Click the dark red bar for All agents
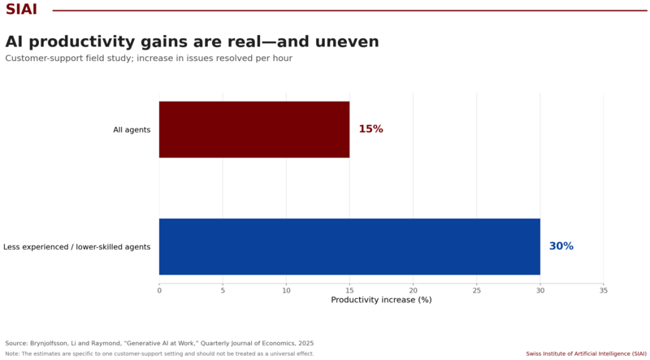pos(254,129)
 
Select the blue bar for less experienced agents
pos(349,246)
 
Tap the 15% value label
pos(370,129)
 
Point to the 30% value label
pos(561,246)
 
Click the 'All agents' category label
pos(132,130)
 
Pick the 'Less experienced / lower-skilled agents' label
pos(76,247)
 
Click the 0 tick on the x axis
pos(159,291)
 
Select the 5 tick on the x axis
pos(223,291)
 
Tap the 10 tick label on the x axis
pos(287,291)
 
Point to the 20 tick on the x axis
pos(413,291)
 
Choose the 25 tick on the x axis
pos(477,291)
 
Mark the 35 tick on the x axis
pos(604,291)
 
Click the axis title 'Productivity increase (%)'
pos(381,300)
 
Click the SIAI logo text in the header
pos(22,9)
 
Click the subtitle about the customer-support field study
pos(149,58)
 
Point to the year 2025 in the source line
pos(307,344)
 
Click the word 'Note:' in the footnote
pos(12,353)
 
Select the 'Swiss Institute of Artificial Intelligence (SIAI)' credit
pos(586,353)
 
